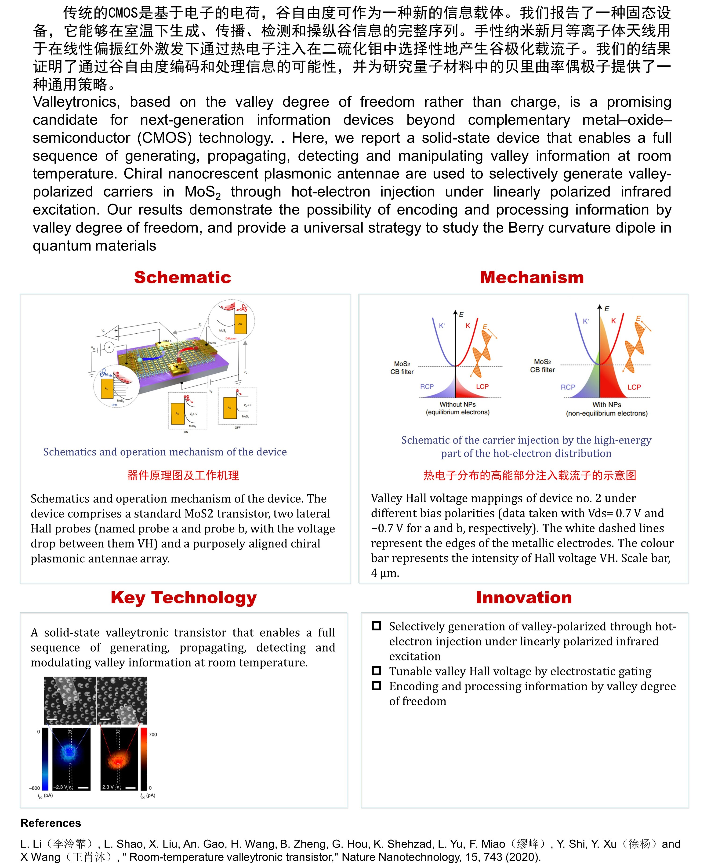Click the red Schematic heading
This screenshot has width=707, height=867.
point(182,277)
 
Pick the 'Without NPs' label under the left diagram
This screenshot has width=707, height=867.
point(457,404)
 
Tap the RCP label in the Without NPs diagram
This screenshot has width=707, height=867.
point(427,386)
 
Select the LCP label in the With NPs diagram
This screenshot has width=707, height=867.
point(634,387)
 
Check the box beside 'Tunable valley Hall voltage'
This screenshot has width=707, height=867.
point(376,671)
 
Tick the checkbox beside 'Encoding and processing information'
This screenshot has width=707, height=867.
point(376,686)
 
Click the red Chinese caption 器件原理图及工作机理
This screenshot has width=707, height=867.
point(183,475)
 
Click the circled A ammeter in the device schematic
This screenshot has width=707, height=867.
point(109,347)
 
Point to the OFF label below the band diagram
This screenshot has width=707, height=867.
point(237,427)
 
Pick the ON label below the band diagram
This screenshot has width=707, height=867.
point(186,432)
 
